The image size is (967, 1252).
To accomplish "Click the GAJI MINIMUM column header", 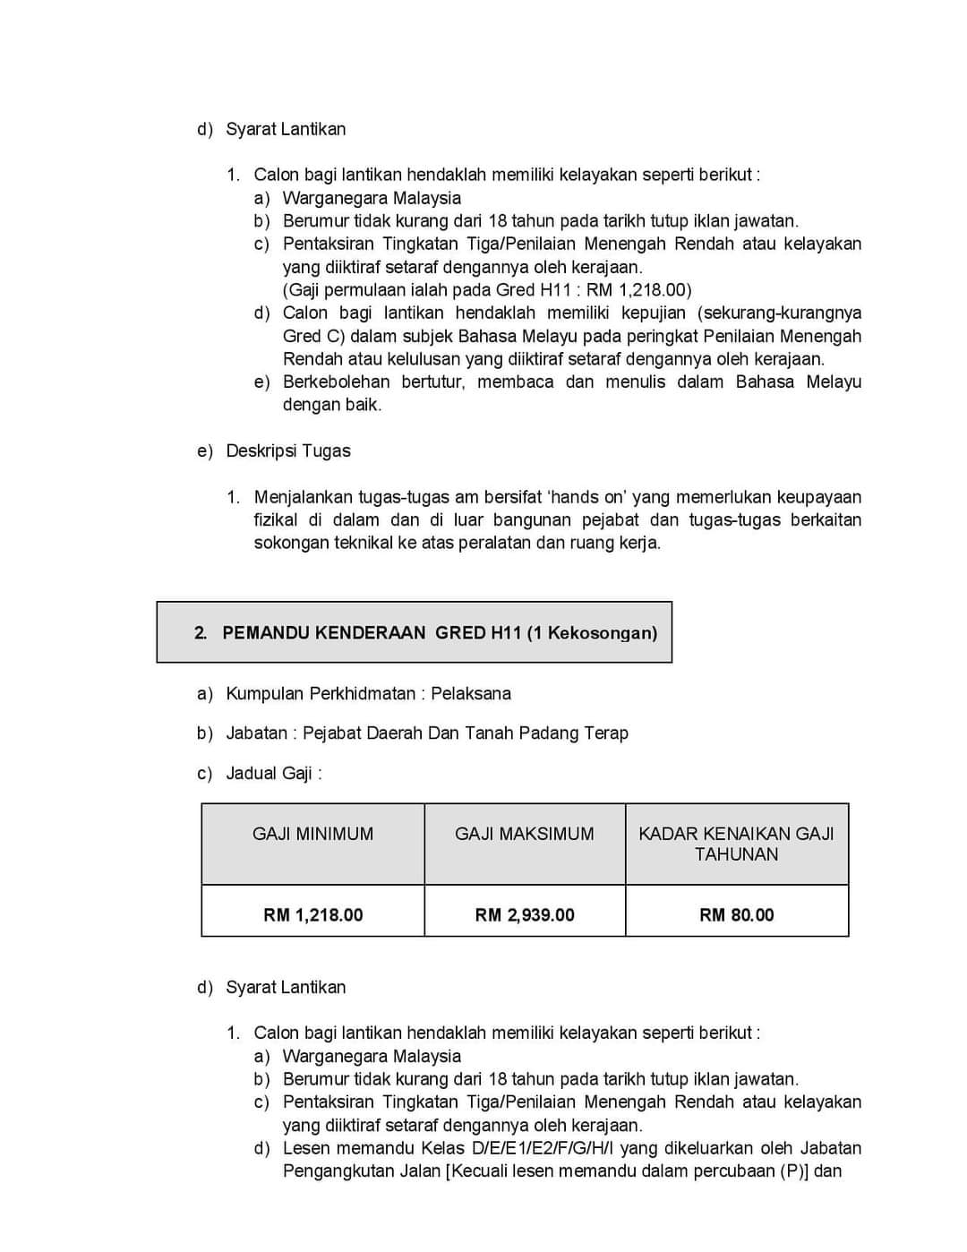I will click(312, 834).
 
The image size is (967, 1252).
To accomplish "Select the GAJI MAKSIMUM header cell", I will click(524, 834).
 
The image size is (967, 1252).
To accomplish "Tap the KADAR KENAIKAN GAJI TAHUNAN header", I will click(736, 844).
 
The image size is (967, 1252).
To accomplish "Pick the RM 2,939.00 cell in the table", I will click(525, 914).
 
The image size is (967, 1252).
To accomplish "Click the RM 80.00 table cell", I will click(736, 914).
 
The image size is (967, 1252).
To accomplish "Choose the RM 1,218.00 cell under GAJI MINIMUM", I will click(312, 914).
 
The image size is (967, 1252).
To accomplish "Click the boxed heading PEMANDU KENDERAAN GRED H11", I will click(414, 632).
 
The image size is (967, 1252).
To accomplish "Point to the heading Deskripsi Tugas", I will click(287, 450).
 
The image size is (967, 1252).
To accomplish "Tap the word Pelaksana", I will click(471, 693).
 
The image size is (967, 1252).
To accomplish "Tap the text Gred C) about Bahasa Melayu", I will click(313, 336).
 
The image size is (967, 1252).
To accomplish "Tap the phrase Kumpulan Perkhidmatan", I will click(321, 693).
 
